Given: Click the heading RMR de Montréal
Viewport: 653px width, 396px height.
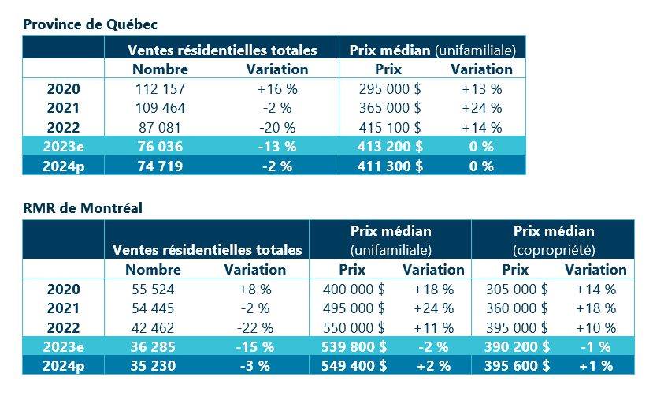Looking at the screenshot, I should (x=83, y=208).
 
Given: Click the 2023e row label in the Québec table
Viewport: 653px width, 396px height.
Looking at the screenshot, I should (x=64, y=147).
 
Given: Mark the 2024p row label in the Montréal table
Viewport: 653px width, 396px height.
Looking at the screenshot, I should (x=64, y=366).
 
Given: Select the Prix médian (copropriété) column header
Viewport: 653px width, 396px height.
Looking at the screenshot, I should (x=553, y=240).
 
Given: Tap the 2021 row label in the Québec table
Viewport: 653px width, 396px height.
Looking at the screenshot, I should (x=64, y=108).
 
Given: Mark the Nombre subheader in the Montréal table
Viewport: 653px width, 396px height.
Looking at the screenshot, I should (x=154, y=270).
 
